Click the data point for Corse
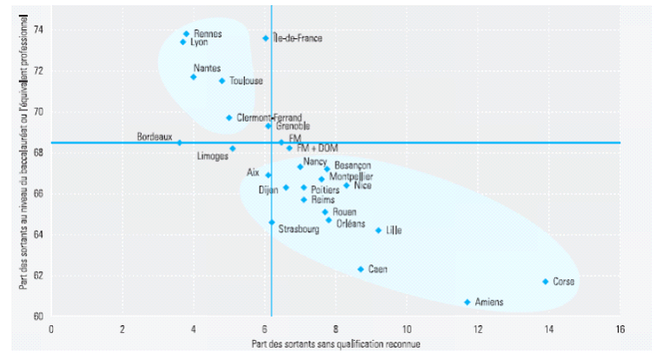click(546, 281)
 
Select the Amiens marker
click(467, 302)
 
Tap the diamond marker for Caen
click(361, 269)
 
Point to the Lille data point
click(378, 230)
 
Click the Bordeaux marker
click(180, 142)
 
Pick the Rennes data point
click(186, 34)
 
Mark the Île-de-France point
click(266, 38)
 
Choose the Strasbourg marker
click(271, 222)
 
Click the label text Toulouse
click(246, 81)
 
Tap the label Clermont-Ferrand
click(269, 117)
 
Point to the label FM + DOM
click(316, 149)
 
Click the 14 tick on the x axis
click(548, 330)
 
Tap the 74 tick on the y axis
click(38, 30)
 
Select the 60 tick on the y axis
click(38, 316)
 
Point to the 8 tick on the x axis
click(335, 330)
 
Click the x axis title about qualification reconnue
click(335, 345)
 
